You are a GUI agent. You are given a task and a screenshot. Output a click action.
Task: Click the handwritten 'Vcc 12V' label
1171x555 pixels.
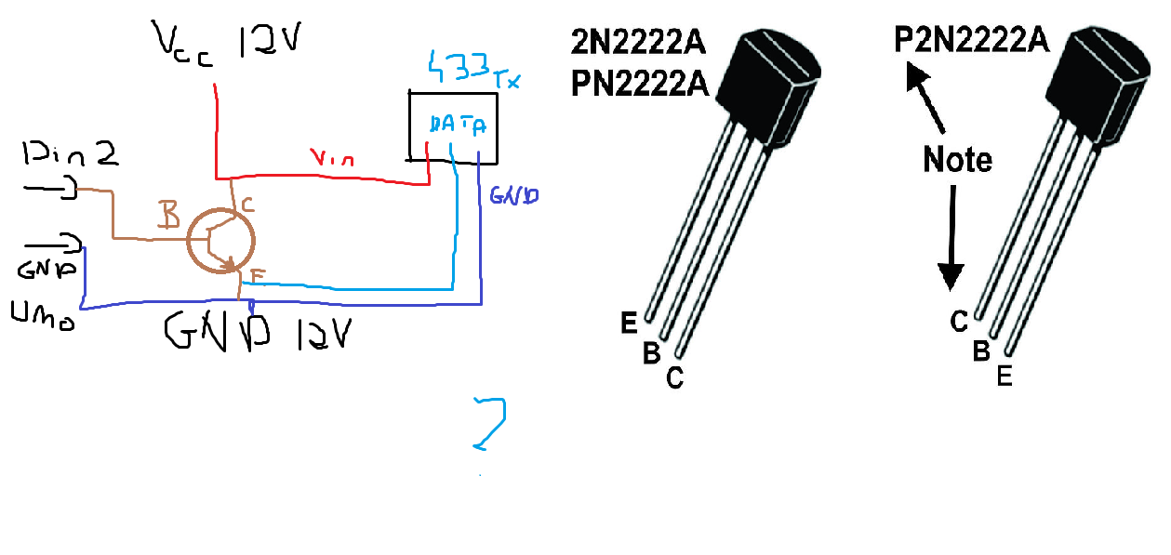224,43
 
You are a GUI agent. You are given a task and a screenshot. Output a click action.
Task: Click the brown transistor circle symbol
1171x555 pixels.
221,240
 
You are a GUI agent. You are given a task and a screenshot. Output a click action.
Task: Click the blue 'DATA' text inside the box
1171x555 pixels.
457,125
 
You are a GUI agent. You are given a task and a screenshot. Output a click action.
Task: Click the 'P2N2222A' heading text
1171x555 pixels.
971,41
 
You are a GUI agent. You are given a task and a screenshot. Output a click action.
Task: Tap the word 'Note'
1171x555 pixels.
957,160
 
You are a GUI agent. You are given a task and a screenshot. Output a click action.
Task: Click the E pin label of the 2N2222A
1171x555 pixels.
630,323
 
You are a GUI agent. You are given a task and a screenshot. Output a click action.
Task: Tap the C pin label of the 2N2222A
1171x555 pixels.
675,377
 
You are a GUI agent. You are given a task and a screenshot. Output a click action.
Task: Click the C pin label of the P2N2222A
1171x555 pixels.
960,322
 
